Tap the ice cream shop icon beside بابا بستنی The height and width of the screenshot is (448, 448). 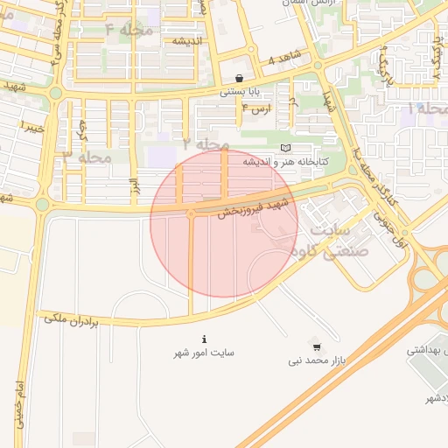coord(240,78)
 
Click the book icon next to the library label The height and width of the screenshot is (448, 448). coord(285,148)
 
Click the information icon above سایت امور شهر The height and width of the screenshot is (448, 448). coord(204,339)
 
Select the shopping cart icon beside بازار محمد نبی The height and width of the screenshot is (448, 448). coord(316,346)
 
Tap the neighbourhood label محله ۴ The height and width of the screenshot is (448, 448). coord(129,30)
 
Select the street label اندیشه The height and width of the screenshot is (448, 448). coord(186,41)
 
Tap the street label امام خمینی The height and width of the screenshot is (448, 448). coord(18,405)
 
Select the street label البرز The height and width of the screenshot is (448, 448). coord(135,185)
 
